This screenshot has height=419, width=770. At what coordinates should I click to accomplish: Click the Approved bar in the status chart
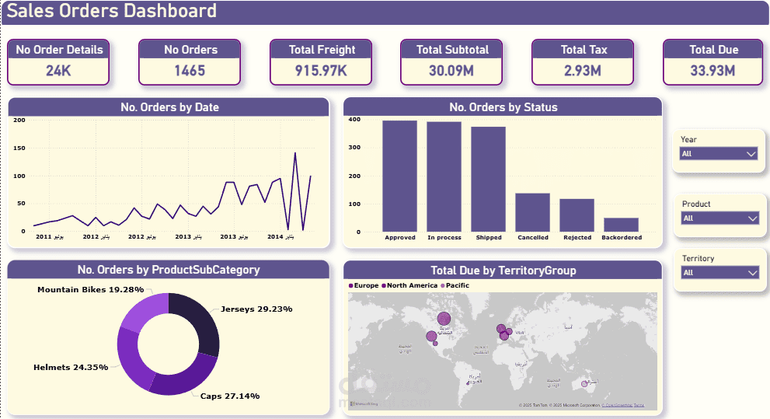pyautogui.click(x=399, y=176)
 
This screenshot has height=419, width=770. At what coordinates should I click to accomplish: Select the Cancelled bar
pyautogui.click(x=532, y=211)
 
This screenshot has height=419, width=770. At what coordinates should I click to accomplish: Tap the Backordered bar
pyautogui.click(x=621, y=224)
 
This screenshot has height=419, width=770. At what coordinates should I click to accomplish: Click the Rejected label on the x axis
pyautogui.click(x=577, y=238)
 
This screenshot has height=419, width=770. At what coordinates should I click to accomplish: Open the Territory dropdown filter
pyautogui.click(x=718, y=273)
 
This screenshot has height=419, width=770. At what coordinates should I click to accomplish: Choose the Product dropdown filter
pyautogui.click(x=718, y=218)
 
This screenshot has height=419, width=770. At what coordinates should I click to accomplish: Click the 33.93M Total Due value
pyautogui.click(x=713, y=71)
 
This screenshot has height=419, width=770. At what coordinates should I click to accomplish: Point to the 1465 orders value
pyautogui.click(x=190, y=71)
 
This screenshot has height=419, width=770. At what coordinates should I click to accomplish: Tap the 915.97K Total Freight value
pyautogui.click(x=321, y=71)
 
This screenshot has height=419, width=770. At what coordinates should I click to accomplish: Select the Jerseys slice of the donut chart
pyautogui.click(x=198, y=323)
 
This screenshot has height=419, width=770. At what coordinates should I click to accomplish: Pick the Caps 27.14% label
pyautogui.click(x=229, y=396)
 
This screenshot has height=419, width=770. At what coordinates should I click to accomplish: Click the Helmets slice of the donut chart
pyautogui.click(x=129, y=354)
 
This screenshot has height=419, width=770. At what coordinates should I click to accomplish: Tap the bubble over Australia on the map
pyautogui.click(x=584, y=383)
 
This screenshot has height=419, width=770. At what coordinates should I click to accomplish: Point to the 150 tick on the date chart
pyautogui.click(x=19, y=148)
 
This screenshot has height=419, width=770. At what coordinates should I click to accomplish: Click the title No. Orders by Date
pyautogui.click(x=169, y=107)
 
